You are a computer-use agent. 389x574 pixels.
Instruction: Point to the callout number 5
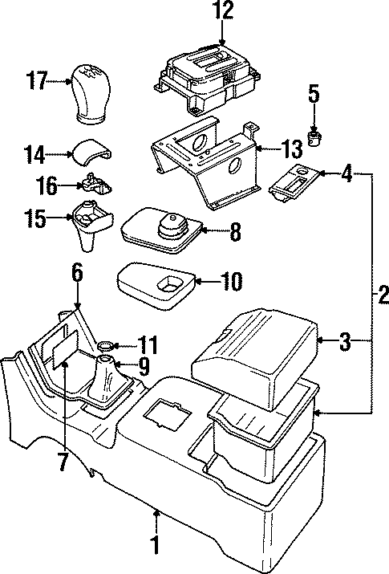tap(314, 96)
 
